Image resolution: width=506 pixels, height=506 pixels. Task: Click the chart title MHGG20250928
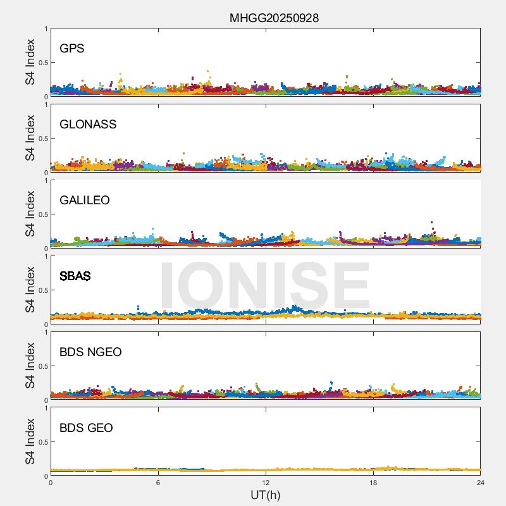click(x=274, y=18)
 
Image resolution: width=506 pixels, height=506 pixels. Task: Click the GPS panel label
click(x=71, y=49)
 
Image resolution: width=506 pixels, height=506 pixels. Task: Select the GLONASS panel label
click(x=88, y=125)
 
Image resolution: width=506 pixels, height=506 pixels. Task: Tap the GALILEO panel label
click(x=85, y=201)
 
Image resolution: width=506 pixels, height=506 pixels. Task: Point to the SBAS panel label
click(x=75, y=276)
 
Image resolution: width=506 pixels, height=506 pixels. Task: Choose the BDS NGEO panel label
click(x=90, y=352)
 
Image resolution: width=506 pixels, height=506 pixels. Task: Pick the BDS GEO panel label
click(x=86, y=428)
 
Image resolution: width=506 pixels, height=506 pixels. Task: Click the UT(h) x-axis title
click(x=266, y=495)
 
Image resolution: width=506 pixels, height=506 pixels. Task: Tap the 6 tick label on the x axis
click(x=158, y=483)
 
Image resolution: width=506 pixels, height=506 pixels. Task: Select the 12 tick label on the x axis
click(x=266, y=483)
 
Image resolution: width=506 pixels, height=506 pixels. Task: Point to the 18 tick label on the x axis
click(x=373, y=483)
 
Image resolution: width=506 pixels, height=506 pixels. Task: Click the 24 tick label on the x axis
click(x=481, y=483)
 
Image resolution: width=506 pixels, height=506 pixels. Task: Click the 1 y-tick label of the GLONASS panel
click(x=46, y=105)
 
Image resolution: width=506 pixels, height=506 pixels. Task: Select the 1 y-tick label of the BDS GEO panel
click(x=46, y=409)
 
